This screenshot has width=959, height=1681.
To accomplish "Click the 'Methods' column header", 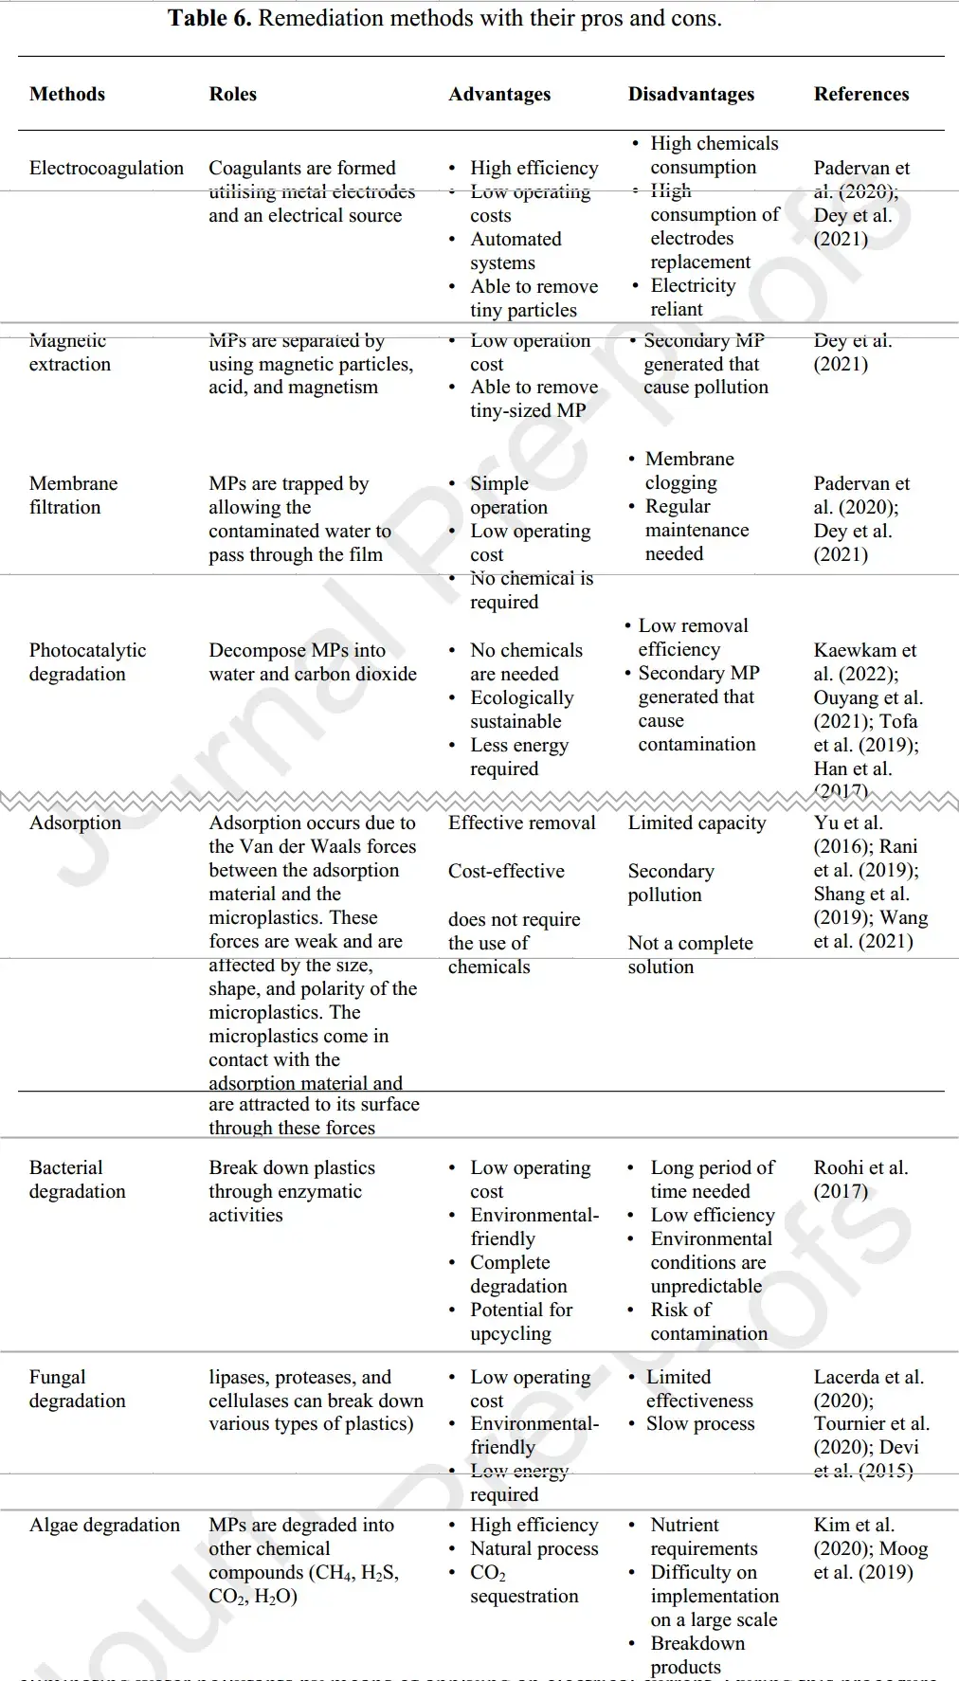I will (x=67, y=94).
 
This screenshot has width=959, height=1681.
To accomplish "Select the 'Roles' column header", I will (x=232, y=94).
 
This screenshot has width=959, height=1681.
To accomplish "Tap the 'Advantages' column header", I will (x=499, y=94).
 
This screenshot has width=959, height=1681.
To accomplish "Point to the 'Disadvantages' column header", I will (x=691, y=94).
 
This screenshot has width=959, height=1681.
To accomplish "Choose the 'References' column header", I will (x=860, y=94).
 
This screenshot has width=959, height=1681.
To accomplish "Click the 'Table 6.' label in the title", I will (x=209, y=18).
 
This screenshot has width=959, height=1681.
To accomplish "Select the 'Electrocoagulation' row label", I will (x=106, y=168).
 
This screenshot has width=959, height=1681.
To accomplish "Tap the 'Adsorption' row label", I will (x=75, y=822).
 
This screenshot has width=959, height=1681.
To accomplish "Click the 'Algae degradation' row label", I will (x=104, y=1525).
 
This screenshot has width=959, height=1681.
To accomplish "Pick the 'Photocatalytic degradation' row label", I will (x=87, y=661).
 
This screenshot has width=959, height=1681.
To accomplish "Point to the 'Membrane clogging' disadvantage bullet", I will (x=689, y=470).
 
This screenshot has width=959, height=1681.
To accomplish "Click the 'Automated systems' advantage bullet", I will (x=516, y=251).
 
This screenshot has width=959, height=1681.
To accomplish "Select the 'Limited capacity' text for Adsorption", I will (x=697, y=822).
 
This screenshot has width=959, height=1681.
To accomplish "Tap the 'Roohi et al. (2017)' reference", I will (x=859, y=1179).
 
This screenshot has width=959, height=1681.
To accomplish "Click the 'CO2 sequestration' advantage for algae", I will (x=523, y=1583).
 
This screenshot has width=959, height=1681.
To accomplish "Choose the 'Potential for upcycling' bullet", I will (x=521, y=1321).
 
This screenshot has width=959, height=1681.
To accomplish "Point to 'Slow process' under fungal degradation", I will (x=700, y=1423).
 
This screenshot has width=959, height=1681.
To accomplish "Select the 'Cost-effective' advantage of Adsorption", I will (x=506, y=871).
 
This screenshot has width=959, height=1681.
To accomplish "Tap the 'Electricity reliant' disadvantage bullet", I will (x=692, y=298).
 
